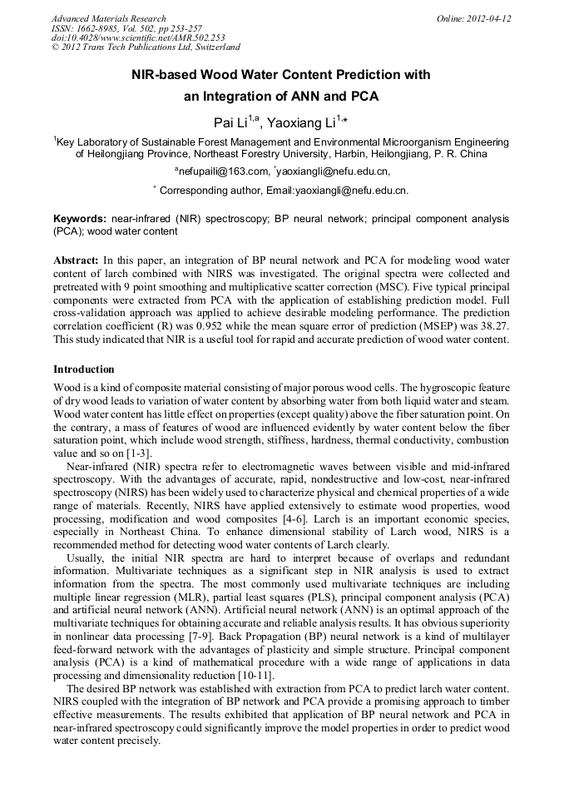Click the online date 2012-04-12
(489, 18)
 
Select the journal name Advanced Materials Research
(108, 18)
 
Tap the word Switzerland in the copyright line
(213, 48)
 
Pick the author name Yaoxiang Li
(301, 123)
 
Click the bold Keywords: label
(79, 217)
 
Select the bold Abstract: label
(76, 260)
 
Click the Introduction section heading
(84, 369)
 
